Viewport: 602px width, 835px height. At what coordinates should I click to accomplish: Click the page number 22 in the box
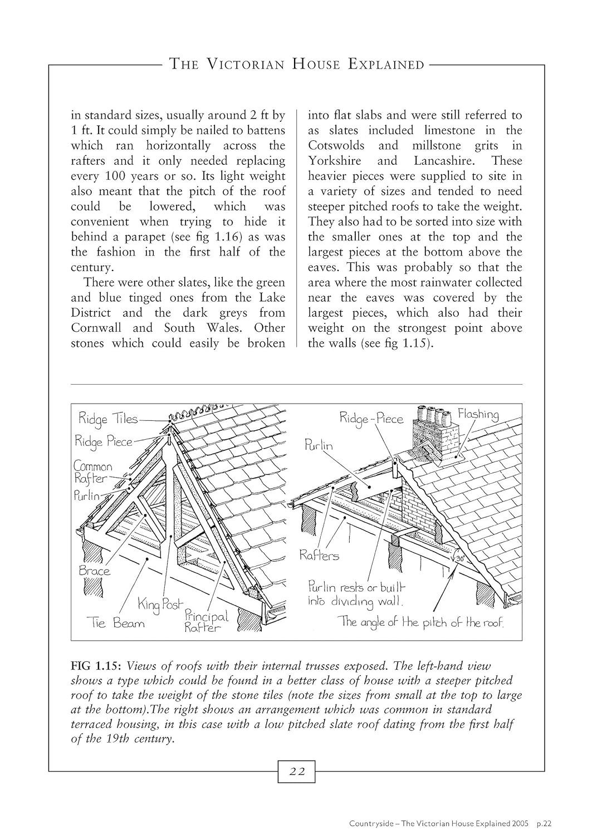click(x=297, y=772)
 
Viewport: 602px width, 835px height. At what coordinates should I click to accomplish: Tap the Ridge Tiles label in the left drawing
click(x=107, y=419)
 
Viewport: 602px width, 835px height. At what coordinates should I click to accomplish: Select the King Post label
click(x=160, y=603)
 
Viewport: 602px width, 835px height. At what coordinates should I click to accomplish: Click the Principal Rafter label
click(x=206, y=621)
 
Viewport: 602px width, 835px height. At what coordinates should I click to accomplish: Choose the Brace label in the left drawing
click(x=95, y=571)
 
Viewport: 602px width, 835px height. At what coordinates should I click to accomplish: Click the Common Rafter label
click(x=93, y=473)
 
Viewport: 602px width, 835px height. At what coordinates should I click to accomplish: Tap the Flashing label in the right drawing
click(x=478, y=414)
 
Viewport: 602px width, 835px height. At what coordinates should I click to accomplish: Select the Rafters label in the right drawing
click(x=319, y=556)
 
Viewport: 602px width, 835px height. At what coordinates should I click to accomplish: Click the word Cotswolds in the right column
click(x=336, y=146)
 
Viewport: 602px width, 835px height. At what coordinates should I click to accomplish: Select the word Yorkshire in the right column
click(x=334, y=161)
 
